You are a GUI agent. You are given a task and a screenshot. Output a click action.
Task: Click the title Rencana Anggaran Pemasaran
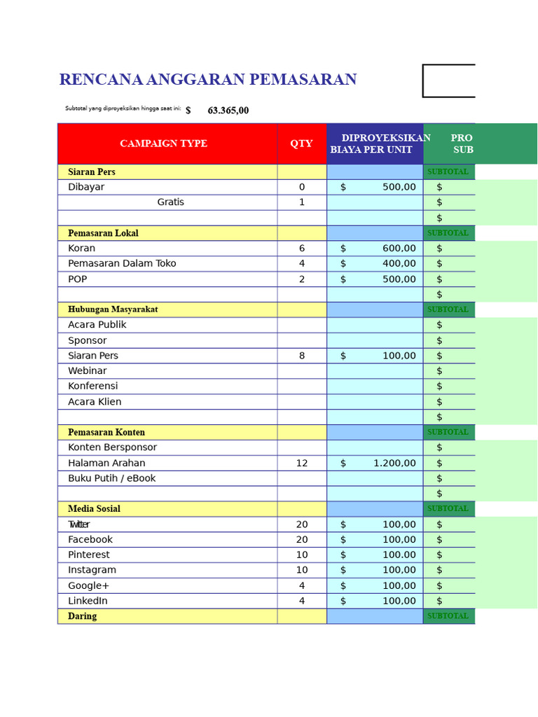[207, 80]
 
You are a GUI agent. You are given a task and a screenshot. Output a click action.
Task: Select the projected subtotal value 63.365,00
[228, 111]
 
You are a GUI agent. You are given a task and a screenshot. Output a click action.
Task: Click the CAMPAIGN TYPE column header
[163, 144]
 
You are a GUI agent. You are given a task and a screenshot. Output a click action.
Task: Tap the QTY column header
[301, 144]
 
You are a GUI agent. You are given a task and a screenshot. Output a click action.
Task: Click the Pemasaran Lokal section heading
[103, 233]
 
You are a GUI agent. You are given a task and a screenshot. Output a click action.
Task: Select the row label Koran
[81, 249]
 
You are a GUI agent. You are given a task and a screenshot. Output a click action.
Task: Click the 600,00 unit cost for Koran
[399, 249]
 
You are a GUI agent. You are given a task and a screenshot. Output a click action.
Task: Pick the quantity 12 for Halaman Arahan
[302, 463]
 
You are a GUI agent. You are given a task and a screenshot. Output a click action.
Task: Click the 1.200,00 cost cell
[394, 463]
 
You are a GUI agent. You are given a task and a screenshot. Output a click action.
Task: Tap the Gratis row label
[170, 202]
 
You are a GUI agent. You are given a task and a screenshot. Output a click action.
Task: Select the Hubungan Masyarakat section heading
[113, 309]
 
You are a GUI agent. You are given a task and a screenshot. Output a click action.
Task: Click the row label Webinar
[88, 371]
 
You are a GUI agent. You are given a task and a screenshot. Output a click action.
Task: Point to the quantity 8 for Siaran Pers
[302, 356]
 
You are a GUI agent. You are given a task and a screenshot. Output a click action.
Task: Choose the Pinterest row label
[89, 555]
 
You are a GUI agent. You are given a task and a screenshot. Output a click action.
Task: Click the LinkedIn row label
[88, 601]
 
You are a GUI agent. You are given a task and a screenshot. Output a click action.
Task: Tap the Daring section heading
[82, 616]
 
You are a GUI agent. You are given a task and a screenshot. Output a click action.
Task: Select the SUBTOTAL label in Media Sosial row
[448, 509]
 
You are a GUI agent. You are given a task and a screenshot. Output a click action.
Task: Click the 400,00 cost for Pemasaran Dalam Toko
[399, 264]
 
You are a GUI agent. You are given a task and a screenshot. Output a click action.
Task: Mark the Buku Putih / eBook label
[111, 478]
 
